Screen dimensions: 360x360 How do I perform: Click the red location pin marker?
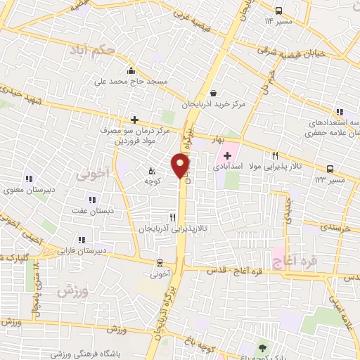click(181, 165)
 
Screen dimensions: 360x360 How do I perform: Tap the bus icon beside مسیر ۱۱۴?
click(279, 11)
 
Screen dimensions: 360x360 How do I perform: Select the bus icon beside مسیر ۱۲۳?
click(329, 169)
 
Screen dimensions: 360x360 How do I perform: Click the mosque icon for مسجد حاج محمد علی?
click(131, 70)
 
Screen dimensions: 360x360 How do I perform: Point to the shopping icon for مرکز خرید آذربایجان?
click(213, 92)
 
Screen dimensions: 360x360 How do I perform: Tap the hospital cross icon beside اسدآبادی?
click(227, 155)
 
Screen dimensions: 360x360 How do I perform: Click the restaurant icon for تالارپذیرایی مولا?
click(276, 156)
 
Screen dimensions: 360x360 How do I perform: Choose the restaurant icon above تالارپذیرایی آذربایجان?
click(172, 217)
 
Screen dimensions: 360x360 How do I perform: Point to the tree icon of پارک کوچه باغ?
click(263, 348)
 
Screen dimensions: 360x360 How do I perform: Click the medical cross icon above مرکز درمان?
click(134, 120)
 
